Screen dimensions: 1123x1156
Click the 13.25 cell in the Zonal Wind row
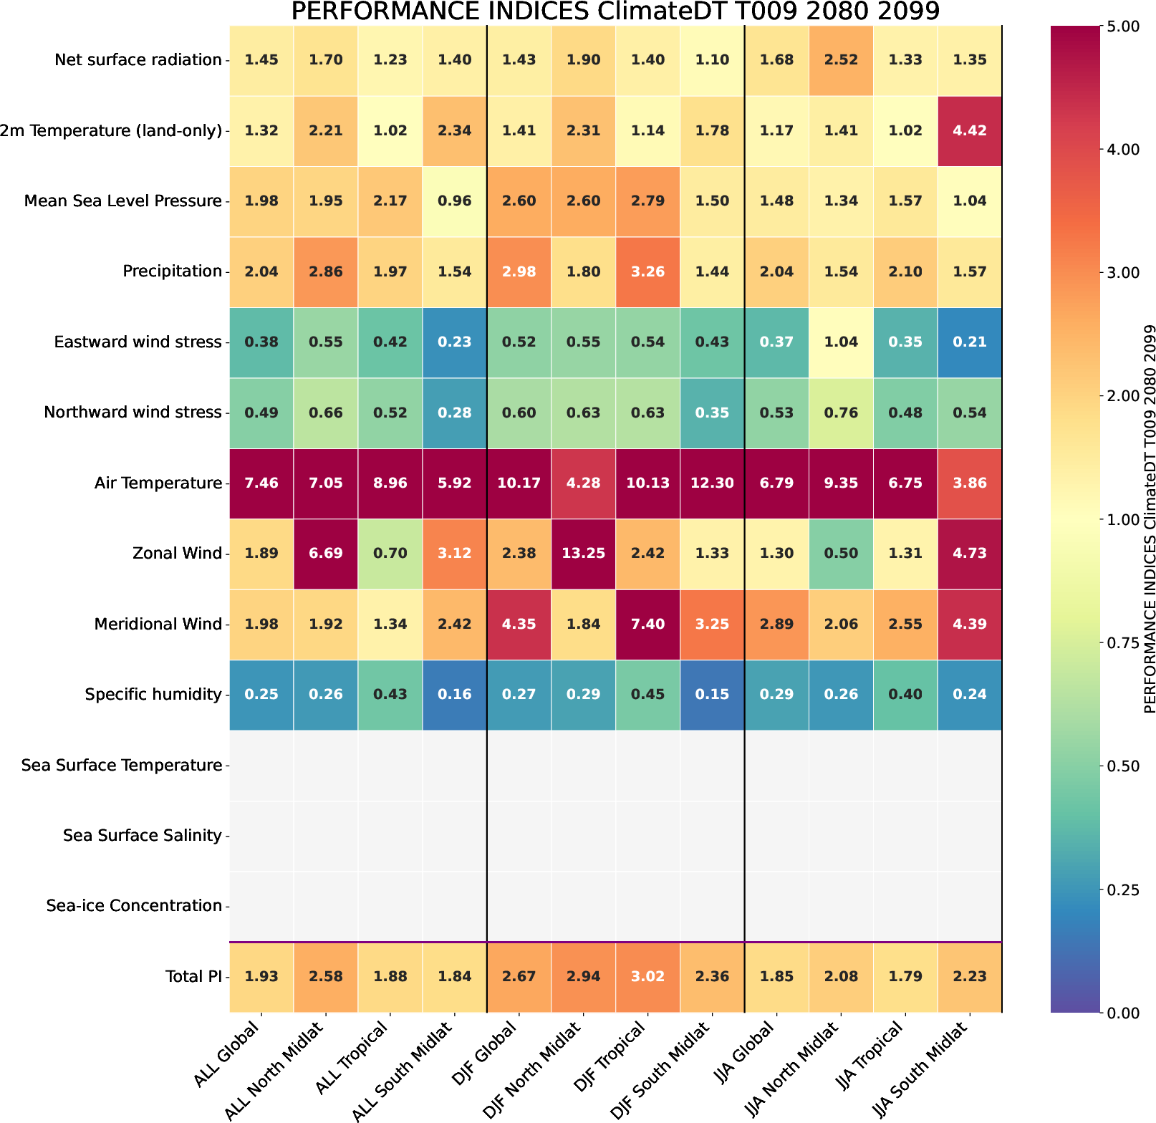(x=583, y=553)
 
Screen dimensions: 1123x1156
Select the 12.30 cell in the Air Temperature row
(x=712, y=483)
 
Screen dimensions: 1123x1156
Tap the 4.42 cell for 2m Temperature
(x=970, y=130)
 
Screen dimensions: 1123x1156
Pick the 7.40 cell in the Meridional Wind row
(x=647, y=624)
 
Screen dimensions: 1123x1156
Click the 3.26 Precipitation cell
(x=647, y=271)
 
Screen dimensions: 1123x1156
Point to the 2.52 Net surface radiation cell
(x=841, y=60)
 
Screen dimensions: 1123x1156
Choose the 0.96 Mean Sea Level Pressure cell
(x=455, y=201)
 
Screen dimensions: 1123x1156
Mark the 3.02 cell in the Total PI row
(x=647, y=976)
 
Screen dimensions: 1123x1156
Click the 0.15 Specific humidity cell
(x=712, y=694)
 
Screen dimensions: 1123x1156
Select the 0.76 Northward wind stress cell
(x=841, y=413)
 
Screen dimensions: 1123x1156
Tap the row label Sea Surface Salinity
(x=142, y=835)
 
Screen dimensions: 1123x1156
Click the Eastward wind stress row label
(x=138, y=342)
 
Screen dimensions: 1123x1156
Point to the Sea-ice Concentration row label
(x=134, y=906)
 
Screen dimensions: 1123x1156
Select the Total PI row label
(x=193, y=976)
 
